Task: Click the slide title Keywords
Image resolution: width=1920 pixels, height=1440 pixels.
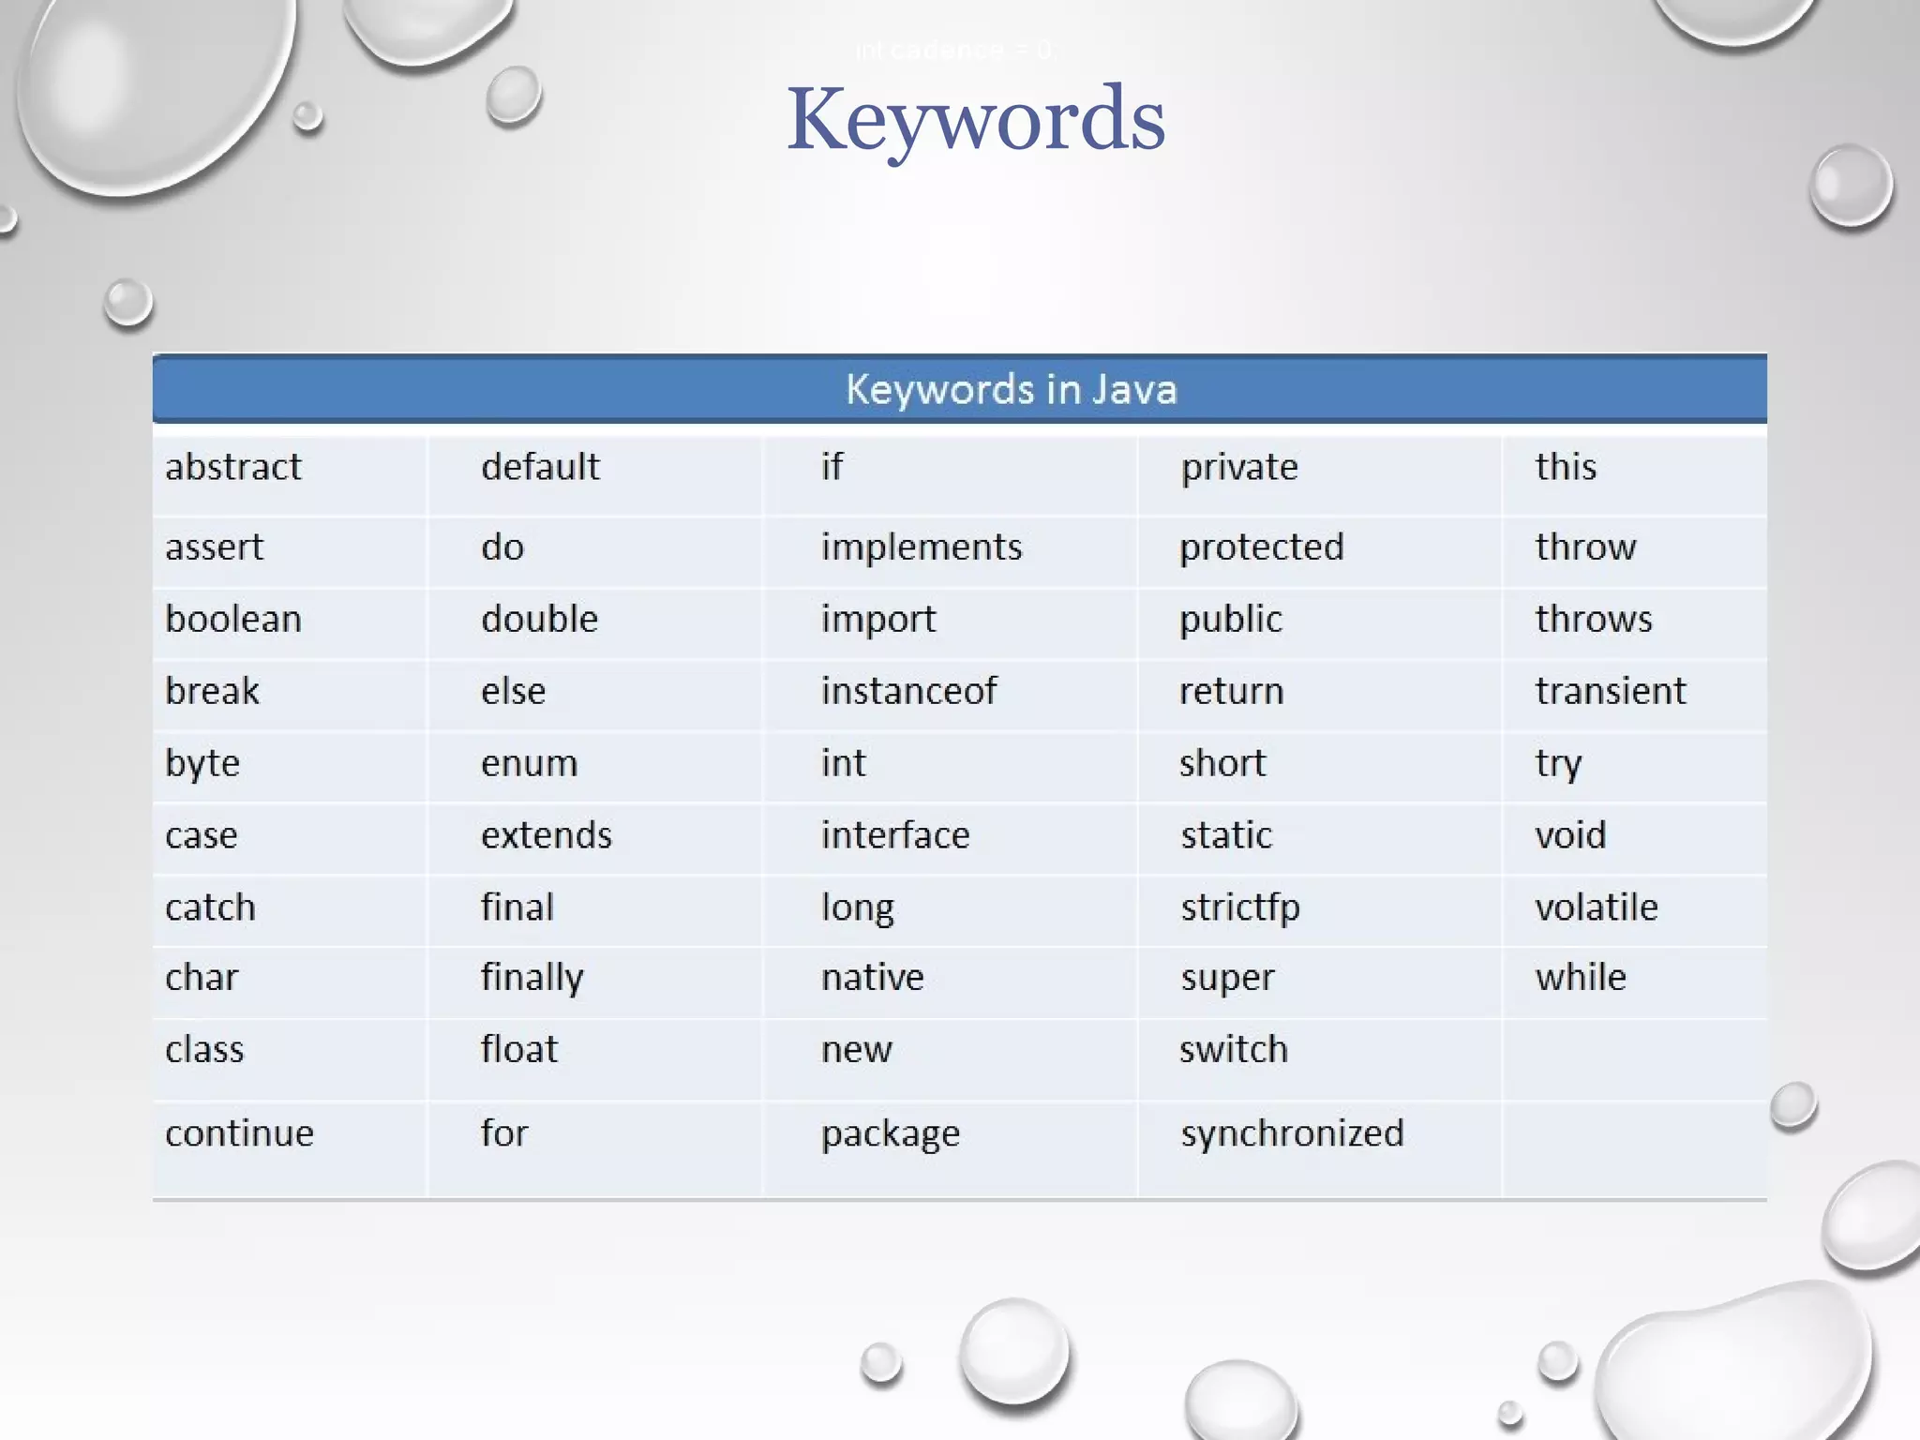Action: point(975,120)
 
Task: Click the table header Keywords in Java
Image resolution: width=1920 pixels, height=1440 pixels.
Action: point(1011,389)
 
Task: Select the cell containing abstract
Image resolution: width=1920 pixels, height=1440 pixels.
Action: point(233,467)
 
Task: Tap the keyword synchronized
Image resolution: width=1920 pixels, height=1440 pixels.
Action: point(1292,1133)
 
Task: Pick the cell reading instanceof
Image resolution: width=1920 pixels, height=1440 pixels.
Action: point(908,691)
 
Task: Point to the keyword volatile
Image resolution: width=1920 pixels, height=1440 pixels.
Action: point(1596,907)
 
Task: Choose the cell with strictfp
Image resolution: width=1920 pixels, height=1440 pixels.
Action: point(1239,907)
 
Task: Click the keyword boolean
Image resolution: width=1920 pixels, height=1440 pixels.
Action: point(233,619)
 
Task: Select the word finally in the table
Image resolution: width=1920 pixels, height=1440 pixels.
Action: point(532,978)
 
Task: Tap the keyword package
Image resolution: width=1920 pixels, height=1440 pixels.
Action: point(891,1134)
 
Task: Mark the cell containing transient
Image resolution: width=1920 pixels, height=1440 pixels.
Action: point(1610,691)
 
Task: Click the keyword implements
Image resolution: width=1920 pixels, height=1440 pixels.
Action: point(922,547)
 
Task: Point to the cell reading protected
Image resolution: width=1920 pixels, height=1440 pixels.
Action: point(1261,547)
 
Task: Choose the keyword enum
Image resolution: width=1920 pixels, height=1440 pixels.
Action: point(529,763)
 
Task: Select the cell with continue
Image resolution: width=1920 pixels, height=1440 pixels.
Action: point(239,1133)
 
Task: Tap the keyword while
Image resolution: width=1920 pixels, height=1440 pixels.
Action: point(1581,977)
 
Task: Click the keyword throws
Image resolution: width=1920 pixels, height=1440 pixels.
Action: point(1593,619)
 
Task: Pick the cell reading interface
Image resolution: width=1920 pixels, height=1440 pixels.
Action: point(895,834)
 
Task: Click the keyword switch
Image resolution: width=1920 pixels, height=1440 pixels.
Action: point(1233,1049)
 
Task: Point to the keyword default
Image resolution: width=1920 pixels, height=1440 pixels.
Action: point(540,467)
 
